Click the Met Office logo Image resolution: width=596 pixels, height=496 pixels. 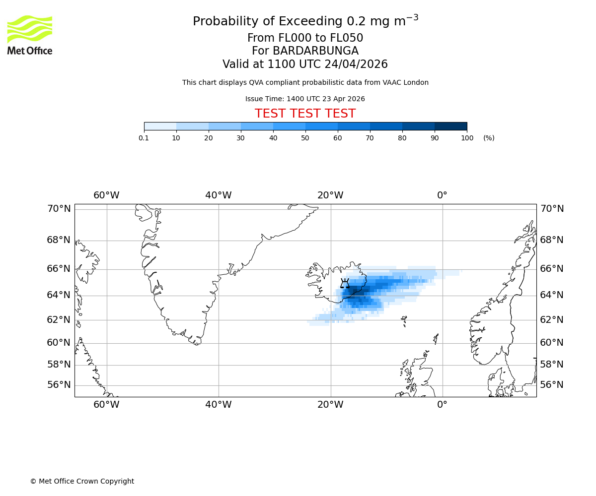[x=30, y=35]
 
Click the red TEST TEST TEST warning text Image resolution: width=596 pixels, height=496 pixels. [x=305, y=114]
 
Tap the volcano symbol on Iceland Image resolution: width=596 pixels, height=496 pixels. [x=345, y=284]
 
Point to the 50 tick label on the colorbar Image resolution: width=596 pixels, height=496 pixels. [x=305, y=138]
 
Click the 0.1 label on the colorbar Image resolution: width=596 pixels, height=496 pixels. [x=144, y=138]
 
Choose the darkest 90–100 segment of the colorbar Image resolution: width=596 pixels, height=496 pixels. [x=450, y=126]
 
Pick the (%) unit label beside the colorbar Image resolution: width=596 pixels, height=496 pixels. [x=489, y=138]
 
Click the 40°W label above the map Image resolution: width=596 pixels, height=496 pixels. [x=219, y=195]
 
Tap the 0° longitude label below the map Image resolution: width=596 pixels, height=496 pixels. [x=442, y=405]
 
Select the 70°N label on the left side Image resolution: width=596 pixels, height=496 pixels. [x=59, y=209]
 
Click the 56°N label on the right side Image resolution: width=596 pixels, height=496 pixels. [x=552, y=385]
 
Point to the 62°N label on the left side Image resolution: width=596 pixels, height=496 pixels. [x=59, y=320]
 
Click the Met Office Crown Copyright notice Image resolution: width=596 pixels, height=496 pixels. [x=82, y=481]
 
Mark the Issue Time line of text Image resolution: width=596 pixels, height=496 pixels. [x=305, y=99]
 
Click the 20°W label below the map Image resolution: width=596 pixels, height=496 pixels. [x=330, y=405]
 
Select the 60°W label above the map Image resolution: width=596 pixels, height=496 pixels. [x=106, y=195]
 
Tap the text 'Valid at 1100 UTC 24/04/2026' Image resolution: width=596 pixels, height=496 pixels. [x=305, y=64]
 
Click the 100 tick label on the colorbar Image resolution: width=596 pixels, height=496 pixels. [x=467, y=138]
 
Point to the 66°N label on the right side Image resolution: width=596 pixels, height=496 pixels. [x=552, y=269]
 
